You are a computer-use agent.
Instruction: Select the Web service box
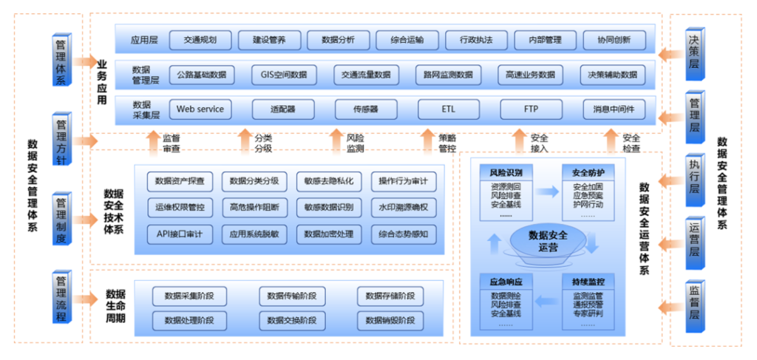point(200,109)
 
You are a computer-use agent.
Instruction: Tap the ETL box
point(449,109)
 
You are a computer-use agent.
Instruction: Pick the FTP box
point(531,109)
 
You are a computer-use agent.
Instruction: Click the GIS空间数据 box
point(283,75)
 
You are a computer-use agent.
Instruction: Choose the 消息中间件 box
point(614,109)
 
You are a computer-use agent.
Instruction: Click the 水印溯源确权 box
point(403,207)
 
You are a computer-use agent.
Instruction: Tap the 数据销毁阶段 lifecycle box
point(390,321)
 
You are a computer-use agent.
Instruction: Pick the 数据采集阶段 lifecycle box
point(184,296)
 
